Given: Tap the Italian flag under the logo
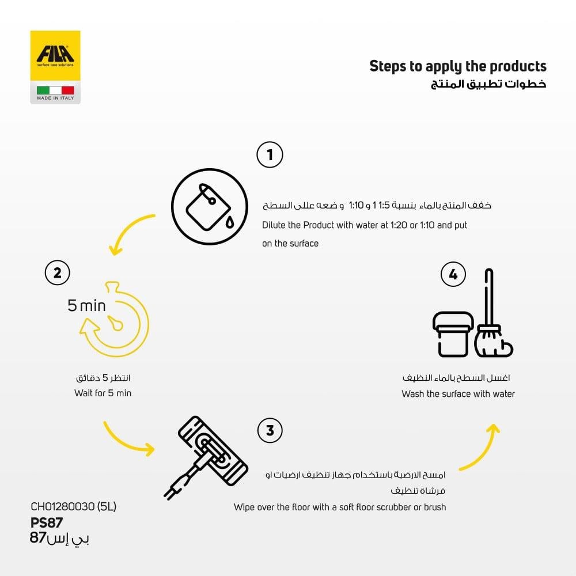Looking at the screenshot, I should point(55,90).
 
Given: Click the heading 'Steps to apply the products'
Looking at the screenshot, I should point(457,66).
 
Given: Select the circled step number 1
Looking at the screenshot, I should point(270,155).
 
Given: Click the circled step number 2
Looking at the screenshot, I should point(58,272).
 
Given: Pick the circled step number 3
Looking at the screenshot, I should point(270,430).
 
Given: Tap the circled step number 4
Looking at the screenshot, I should point(453,275).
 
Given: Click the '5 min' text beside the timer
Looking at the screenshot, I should point(87,305).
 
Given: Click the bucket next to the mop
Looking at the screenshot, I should point(453,334).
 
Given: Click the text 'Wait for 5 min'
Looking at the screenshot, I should point(103,393).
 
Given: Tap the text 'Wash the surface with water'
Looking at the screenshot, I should point(458,394).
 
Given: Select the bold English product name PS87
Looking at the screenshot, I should point(46,522).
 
